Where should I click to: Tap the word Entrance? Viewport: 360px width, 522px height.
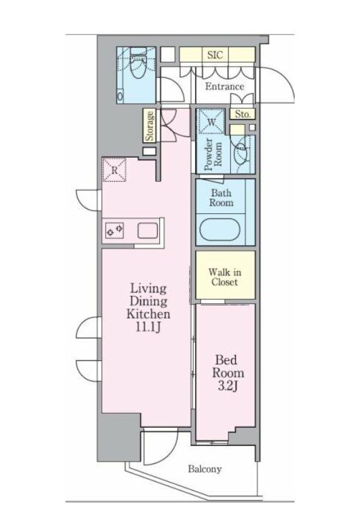click(x=224, y=86)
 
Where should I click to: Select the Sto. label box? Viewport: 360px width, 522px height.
click(x=243, y=114)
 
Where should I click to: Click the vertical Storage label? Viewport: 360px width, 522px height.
click(x=150, y=126)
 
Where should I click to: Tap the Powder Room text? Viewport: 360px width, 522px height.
click(x=211, y=153)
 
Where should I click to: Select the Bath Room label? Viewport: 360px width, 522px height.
click(x=222, y=197)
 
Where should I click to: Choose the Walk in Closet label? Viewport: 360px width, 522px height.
click(x=224, y=277)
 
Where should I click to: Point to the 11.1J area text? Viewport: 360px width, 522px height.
click(x=148, y=328)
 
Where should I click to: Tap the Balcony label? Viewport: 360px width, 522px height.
click(x=205, y=469)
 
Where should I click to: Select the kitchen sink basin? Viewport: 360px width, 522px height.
click(x=148, y=231)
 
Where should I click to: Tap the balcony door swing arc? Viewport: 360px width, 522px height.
click(x=157, y=447)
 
